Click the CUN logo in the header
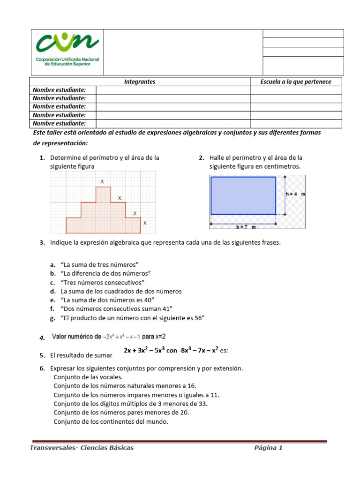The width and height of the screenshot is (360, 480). [67, 51]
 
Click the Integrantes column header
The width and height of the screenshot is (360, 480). [140, 82]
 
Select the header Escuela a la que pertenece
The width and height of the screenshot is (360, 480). [296, 82]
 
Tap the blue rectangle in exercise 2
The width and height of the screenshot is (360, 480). [243, 195]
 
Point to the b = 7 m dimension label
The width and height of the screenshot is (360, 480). [246, 227]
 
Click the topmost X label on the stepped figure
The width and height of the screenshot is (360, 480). [102, 181]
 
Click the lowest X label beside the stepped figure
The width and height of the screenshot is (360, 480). [145, 223]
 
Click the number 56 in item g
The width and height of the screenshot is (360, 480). [200, 318]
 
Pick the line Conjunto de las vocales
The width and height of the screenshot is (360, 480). [88, 377]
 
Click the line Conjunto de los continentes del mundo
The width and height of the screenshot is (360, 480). [111, 421]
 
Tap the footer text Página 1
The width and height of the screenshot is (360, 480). [268, 448]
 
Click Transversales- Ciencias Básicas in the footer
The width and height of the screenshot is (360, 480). [82, 448]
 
